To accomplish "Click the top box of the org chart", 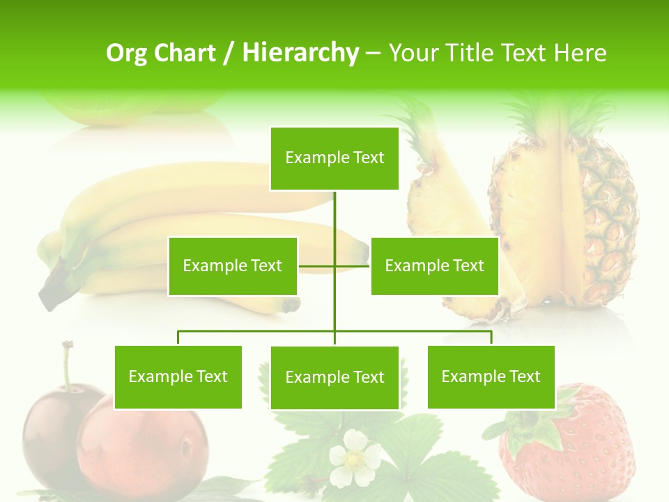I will point(334,158).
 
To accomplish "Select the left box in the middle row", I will point(233,266).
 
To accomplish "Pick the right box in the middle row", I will point(434,266).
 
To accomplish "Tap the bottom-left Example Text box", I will point(178,376).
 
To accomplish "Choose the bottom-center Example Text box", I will point(334,377).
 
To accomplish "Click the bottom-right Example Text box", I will point(491,376).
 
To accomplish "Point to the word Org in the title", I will point(127,52).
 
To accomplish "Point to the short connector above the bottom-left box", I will point(178,337).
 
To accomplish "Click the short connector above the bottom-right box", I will point(491,337).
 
